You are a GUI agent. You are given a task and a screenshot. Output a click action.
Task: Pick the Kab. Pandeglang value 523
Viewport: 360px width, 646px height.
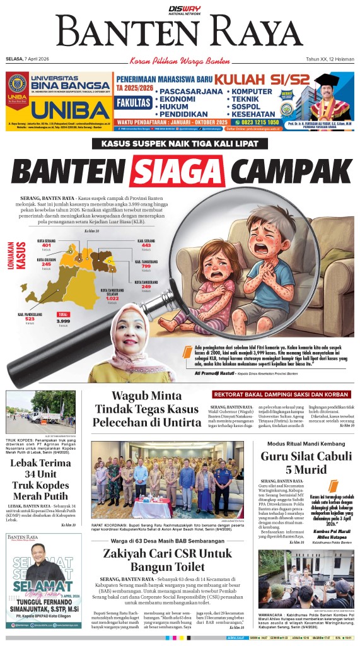30,319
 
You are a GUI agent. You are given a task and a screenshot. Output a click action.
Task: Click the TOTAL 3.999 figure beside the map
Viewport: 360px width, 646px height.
63,322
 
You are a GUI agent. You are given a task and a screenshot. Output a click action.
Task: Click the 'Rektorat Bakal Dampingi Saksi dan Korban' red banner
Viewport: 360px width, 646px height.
281,394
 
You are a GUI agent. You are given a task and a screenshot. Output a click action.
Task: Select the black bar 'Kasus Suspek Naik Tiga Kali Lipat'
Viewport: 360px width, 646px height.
180,143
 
